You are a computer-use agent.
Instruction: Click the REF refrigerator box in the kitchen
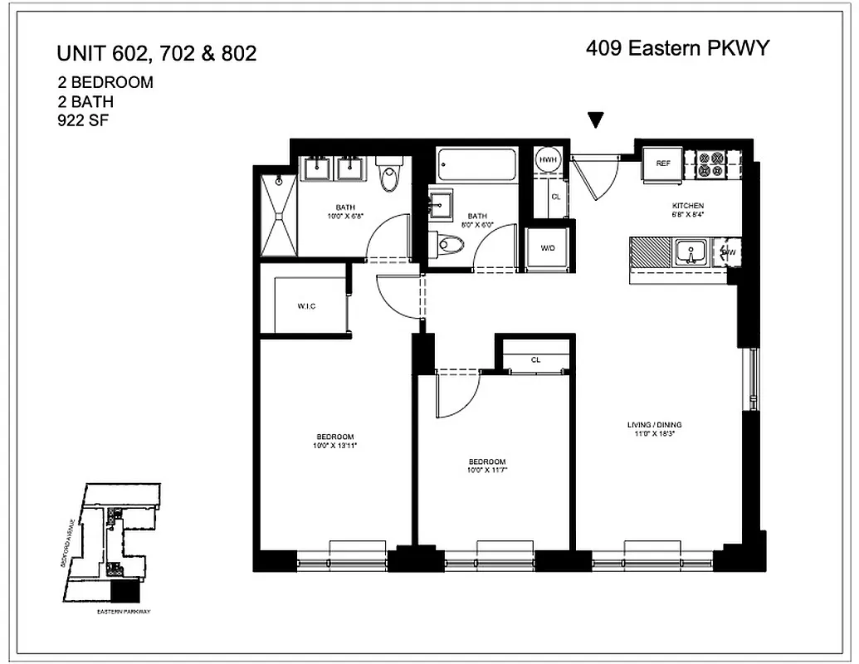pos(662,164)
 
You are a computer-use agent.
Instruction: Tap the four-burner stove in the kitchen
pos(710,164)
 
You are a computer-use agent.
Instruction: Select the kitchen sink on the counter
pos(690,251)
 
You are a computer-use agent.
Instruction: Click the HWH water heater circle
pos(547,160)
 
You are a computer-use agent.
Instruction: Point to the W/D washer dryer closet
pos(548,248)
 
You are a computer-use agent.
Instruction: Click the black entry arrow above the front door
pos(595,120)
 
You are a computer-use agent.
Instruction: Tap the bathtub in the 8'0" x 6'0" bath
pos(477,164)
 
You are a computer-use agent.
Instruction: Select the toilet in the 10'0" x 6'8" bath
pos(389,175)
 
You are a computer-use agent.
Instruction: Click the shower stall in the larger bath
pos(278,215)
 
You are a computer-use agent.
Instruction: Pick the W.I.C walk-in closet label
pos(306,306)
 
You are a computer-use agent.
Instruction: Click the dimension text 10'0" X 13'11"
pos(335,446)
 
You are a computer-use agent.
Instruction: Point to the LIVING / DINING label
pos(654,425)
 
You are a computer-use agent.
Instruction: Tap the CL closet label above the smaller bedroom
pos(536,359)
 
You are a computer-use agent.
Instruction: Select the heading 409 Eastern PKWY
pos(677,48)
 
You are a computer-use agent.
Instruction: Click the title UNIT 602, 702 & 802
pos(156,54)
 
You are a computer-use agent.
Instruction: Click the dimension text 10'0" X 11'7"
pos(486,471)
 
